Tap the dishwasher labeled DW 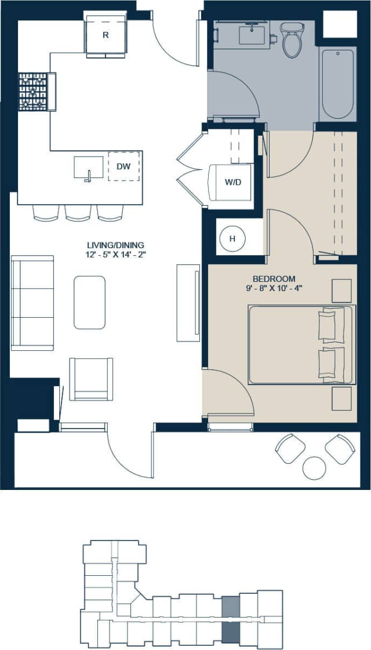click(123, 166)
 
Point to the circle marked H click(232, 238)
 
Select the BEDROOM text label click(274, 279)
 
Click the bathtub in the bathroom click(337, 84)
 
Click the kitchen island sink click(89, 168)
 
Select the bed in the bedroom click(301, 345)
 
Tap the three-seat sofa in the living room click(32, 303)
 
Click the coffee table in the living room click(89, 302)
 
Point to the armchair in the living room click(91, 379)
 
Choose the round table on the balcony click(315, 467)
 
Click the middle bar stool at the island click(78, 212)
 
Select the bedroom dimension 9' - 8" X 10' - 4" click(274, 289)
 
